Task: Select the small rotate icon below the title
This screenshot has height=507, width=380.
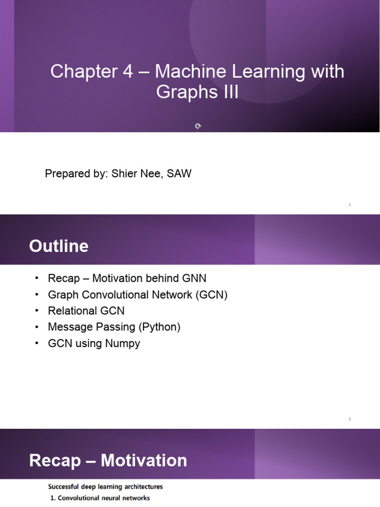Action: click(198, 126)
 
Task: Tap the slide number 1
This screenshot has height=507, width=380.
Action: click(350, 204)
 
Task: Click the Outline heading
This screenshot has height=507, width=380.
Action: click(59, 246)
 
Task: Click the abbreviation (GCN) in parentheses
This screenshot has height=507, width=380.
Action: click(211, 295)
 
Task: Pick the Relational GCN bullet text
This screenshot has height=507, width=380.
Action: click(86, 311)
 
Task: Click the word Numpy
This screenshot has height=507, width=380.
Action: click(122, 343)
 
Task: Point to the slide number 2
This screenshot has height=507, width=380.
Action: click(350, 419)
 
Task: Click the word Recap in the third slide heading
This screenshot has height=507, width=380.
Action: click(54, 461)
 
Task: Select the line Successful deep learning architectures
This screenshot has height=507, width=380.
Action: click(105, 487)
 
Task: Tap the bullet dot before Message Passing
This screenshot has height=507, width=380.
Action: click(36, 327)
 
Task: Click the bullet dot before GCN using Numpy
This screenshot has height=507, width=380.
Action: click(36, 343)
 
